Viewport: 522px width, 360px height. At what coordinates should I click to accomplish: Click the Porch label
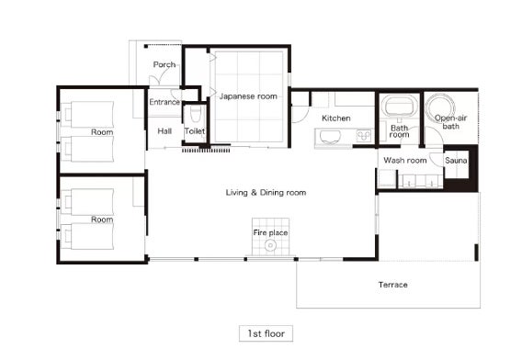[x=165, y=65]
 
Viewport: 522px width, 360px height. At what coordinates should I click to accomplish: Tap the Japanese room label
[x=248, y=96]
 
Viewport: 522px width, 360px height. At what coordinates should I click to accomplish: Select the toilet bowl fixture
[x=195, y=114]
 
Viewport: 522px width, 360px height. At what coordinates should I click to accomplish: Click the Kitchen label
[x=336, y=118]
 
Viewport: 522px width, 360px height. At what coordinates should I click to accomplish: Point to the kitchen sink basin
[x=330, y=137]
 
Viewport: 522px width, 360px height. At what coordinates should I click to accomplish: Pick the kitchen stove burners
[x=364, y=135]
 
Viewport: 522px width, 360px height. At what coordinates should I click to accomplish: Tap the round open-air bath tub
[x=441, y=107]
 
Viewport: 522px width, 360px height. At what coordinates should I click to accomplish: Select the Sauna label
[x=456, y=161]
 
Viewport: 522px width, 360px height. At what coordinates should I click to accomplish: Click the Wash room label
[x=404, y=161]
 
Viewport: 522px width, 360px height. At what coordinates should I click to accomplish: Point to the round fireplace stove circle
[x=270, y=245]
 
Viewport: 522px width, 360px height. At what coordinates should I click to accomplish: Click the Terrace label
[x=392, y=285]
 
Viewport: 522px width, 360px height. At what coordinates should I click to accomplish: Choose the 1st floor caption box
[x=266, y=333]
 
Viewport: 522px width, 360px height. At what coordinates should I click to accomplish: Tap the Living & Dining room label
[x=266, y=193]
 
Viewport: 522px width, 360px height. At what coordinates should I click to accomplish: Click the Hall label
[x=165, y=131]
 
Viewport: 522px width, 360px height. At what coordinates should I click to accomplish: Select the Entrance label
[x=165, y=102]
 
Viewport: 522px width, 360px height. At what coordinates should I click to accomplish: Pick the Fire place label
[x=270, y=232]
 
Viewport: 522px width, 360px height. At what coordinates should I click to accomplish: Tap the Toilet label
[x=195, y=131]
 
